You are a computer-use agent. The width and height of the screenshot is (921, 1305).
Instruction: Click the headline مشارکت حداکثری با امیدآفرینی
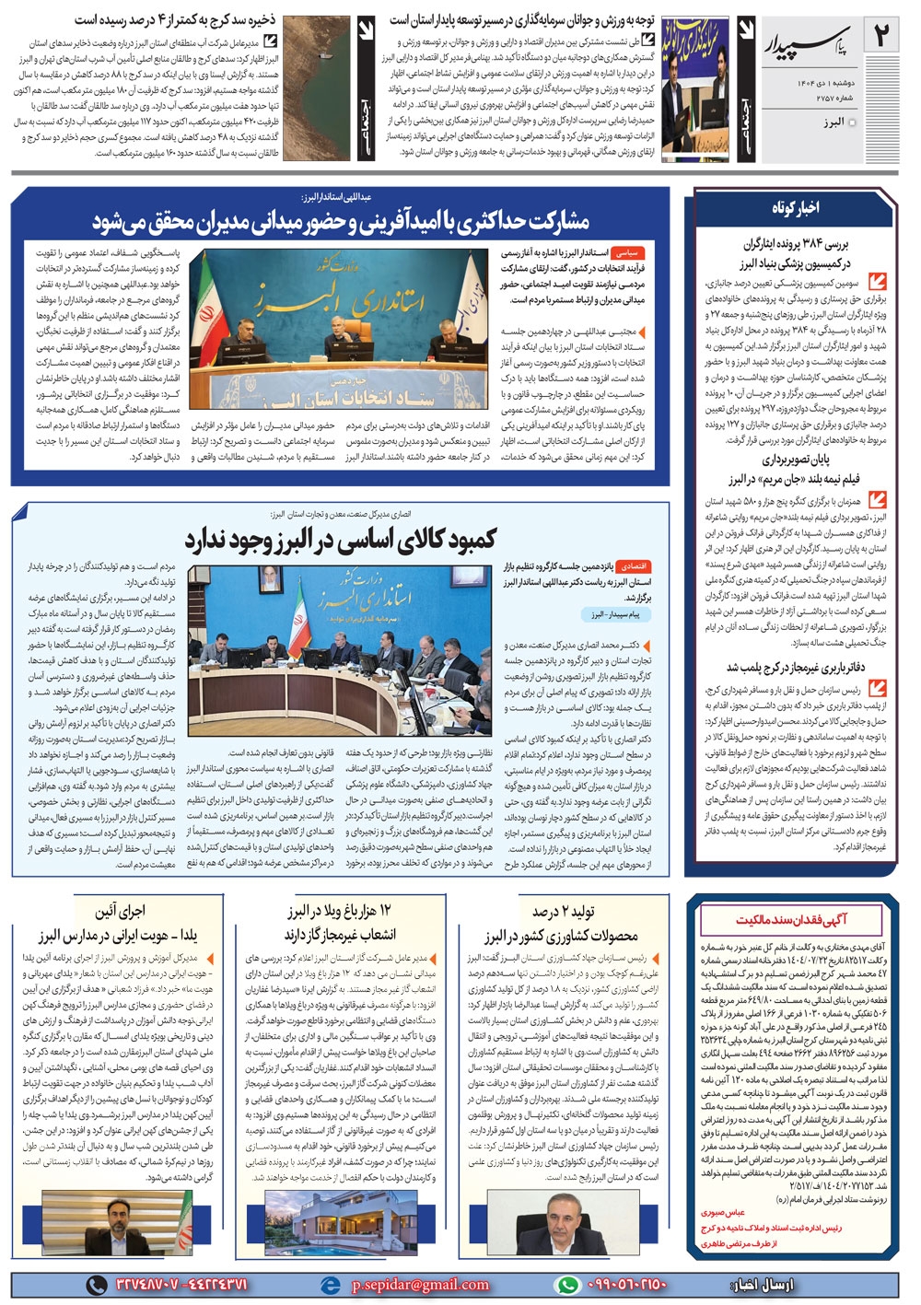point(341,222)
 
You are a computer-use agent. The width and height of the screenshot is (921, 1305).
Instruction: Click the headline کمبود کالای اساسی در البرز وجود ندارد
point(341,540)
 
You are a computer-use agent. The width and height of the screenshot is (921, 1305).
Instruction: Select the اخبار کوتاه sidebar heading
point(795,209)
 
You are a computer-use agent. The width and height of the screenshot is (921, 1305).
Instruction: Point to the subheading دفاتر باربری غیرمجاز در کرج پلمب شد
point(795,668)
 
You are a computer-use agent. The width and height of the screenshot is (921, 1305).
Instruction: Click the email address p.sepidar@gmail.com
point(419,1285)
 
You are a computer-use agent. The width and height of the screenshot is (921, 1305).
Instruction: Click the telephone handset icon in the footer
point(96,1285)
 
